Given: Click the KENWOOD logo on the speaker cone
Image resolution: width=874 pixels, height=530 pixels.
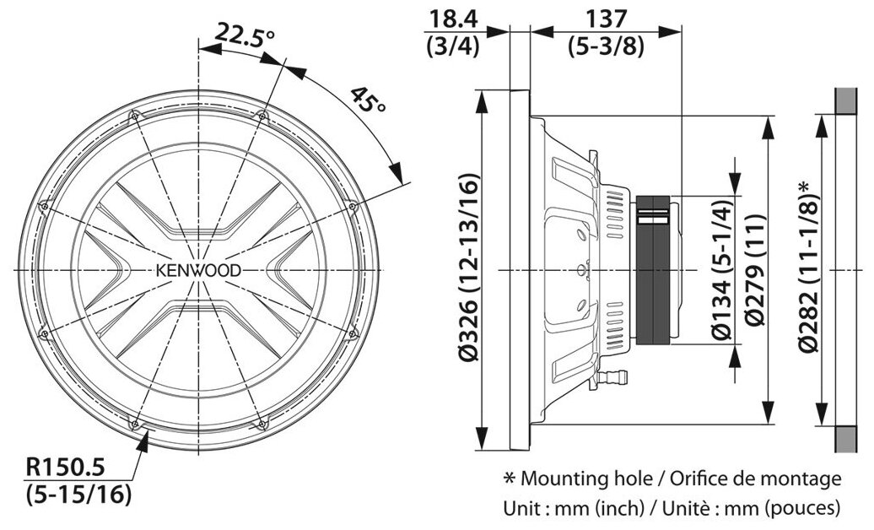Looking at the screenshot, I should [x=199, y=270].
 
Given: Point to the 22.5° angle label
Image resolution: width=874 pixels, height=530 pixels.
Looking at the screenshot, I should [x=245, y=35].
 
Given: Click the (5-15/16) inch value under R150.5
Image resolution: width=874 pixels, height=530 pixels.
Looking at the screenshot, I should [x=78, y=493].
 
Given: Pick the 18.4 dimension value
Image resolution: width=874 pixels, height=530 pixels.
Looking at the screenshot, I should [x=452, y=17].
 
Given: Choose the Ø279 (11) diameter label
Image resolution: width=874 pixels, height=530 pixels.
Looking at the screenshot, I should [x=757, y=270].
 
